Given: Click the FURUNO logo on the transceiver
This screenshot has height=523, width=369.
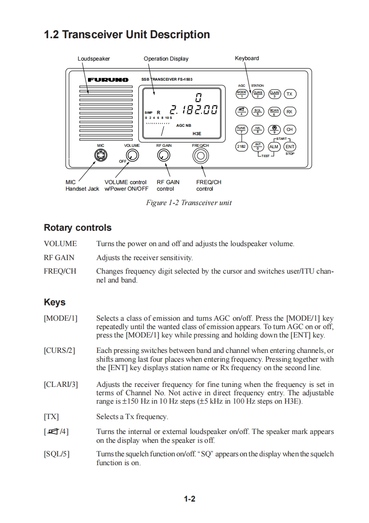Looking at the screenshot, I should point(108,80).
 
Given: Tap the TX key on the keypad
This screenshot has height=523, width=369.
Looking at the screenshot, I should point(289,94).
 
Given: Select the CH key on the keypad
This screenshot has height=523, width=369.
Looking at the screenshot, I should point(289,129).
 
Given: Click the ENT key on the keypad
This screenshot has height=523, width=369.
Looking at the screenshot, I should point(289,147).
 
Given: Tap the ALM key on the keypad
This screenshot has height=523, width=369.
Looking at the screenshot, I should point(274,147).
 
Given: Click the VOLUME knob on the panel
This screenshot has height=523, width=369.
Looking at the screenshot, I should point(133,156).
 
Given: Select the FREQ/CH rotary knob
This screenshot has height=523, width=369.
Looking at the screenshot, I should point(201,156).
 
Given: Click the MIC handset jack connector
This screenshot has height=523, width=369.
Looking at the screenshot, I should point(100,157).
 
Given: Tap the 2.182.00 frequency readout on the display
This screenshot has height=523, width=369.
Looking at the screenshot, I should point(194,110).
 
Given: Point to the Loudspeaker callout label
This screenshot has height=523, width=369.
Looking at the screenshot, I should point(94,59).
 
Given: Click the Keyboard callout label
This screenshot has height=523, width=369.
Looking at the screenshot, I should point(247,58).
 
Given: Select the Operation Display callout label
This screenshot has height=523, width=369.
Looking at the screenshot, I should point(166,59).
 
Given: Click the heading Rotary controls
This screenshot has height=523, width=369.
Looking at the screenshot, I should point(77,228).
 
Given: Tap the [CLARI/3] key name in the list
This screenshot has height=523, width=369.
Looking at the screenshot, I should point(61,385).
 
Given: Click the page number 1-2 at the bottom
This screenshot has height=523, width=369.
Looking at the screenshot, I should point(189,499).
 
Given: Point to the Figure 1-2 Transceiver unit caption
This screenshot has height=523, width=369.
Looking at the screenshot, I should point(188,202).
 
